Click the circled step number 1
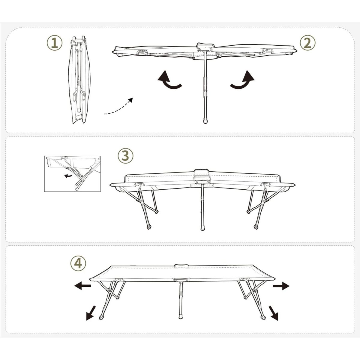[x=54, y=43]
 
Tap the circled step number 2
[x=307, y=43]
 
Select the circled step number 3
[x=125, y=156]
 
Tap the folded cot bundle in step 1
[x=79, y=79]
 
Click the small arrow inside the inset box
[x=68, y=175]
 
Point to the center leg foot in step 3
[x=203, y=228]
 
